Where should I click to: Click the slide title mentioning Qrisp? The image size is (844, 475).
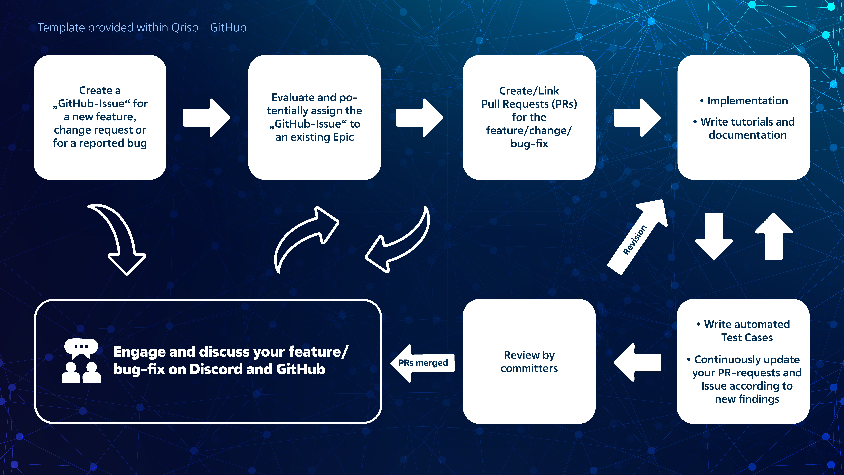pyautogui.click(x=142, y=28)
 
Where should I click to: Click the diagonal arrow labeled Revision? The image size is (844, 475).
pyautogui.click(x=637, y=237)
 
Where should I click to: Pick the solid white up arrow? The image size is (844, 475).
pyautogui.click(x=774, y=236)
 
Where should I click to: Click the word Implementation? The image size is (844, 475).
pyautogui.click(x=747, y=101)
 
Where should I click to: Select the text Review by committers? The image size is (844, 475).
pyautogui.click(x=529, y=362)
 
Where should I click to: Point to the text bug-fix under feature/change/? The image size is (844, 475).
pyautogui.click(x=529, y=144)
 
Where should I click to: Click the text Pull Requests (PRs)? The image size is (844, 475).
pyautogui.click(x=529, y=104)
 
